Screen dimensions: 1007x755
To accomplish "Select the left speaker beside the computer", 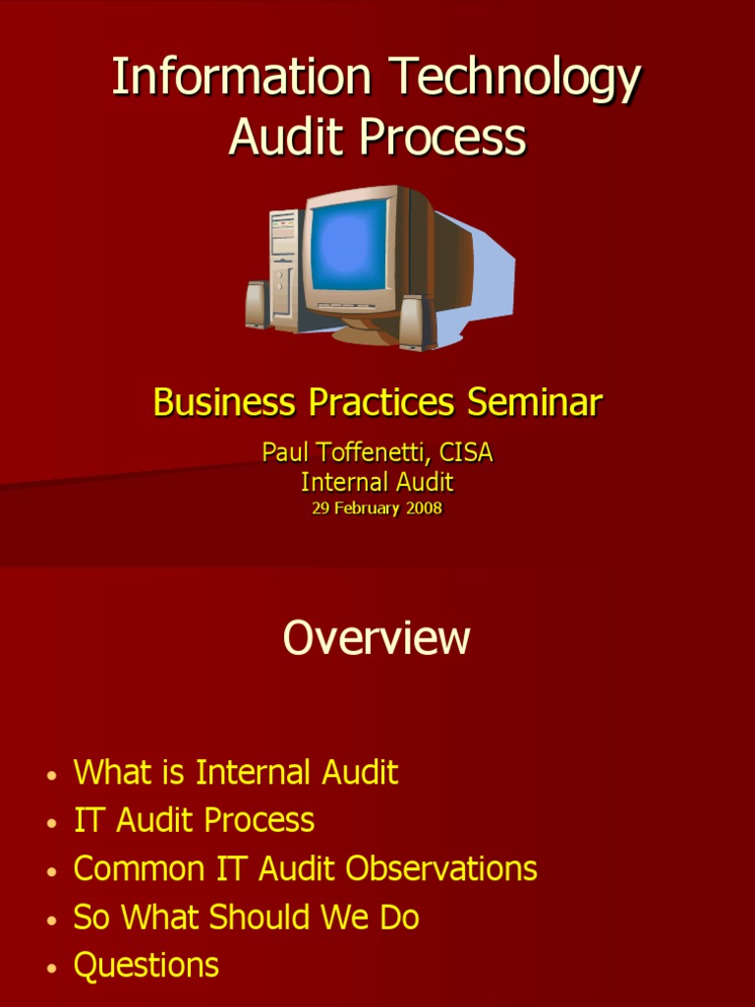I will [x=257, y=305].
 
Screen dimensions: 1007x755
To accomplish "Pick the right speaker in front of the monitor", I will [x=415, y=322].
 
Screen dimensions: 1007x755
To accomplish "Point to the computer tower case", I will [x=283, y=266].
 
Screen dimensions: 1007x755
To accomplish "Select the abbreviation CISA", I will [x=466, y=452].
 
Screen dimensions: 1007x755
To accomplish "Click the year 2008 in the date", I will [x=424, y=508].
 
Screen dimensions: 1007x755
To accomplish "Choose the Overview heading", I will [x=377, y=638].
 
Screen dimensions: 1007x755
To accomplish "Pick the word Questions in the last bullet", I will [x=146, y=965].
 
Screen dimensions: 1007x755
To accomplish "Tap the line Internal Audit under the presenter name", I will [x=377, y=482].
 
